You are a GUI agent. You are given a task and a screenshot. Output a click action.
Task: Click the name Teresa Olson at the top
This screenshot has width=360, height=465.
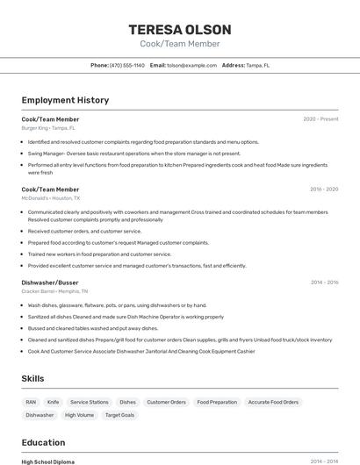pos(179,29)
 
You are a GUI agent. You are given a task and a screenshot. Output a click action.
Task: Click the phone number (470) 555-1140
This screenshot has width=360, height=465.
pos(127,65)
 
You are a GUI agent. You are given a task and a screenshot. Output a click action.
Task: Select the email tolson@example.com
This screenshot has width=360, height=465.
pos(191,65)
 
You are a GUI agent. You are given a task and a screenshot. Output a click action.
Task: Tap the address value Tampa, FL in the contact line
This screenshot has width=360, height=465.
pos(258,65)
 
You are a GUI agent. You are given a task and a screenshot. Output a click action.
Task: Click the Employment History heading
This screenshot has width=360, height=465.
pos(65,100)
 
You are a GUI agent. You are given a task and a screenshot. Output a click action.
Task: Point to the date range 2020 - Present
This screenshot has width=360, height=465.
pos(320,119)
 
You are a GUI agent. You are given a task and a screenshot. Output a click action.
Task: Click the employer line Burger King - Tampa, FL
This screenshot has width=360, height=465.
pos(48,128)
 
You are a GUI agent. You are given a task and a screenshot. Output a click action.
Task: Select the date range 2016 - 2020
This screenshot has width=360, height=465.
pos(324,189)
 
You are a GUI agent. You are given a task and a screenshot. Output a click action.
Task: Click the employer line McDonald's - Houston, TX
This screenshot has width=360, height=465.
pos(52,198)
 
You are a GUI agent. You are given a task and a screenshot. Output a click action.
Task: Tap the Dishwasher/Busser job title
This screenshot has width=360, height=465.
pos(50,283)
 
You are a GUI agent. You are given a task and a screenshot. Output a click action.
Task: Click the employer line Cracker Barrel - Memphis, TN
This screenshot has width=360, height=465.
pos(54,291)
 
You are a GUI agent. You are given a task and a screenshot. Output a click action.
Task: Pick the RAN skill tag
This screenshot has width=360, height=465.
pos(32,402)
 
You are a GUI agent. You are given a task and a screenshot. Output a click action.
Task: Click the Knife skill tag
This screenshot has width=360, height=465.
pos(54,402)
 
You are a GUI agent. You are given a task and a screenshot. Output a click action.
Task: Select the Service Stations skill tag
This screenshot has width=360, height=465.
pos(90,402)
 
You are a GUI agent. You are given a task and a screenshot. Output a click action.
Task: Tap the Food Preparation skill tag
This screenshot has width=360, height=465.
pos(217,402)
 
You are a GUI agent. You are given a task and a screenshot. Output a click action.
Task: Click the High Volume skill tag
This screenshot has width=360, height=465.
pos(79,415)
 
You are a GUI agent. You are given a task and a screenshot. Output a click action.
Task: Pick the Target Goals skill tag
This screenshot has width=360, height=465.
pos(119,415)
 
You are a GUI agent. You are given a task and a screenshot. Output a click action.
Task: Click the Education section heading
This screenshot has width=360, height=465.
pos(43,442)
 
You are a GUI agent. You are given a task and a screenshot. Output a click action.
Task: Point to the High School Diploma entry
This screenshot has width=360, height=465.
pos(48,461)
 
